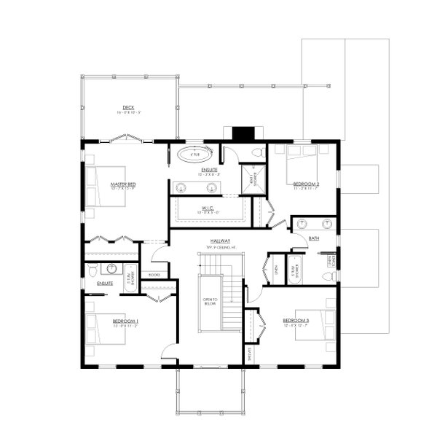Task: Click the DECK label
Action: (x=128, y=107)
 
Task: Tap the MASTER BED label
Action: (x=124, y=185)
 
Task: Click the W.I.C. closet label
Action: (x=207, y=207)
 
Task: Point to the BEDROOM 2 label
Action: (x=307, y=184)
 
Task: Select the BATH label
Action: (x=314, y=238)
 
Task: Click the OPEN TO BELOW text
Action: (x=210, y=301)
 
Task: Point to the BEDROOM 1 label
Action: (x=125, y=321)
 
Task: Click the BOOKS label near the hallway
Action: (x=153, y=275)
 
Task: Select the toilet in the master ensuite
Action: (x=258, y=152)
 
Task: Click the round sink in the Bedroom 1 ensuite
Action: (x=111, y=268)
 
